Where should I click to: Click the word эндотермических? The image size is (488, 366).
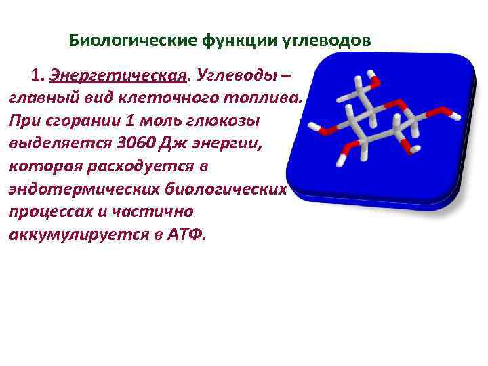pos(70,188)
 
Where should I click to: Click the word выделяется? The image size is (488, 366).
pos(52,144)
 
